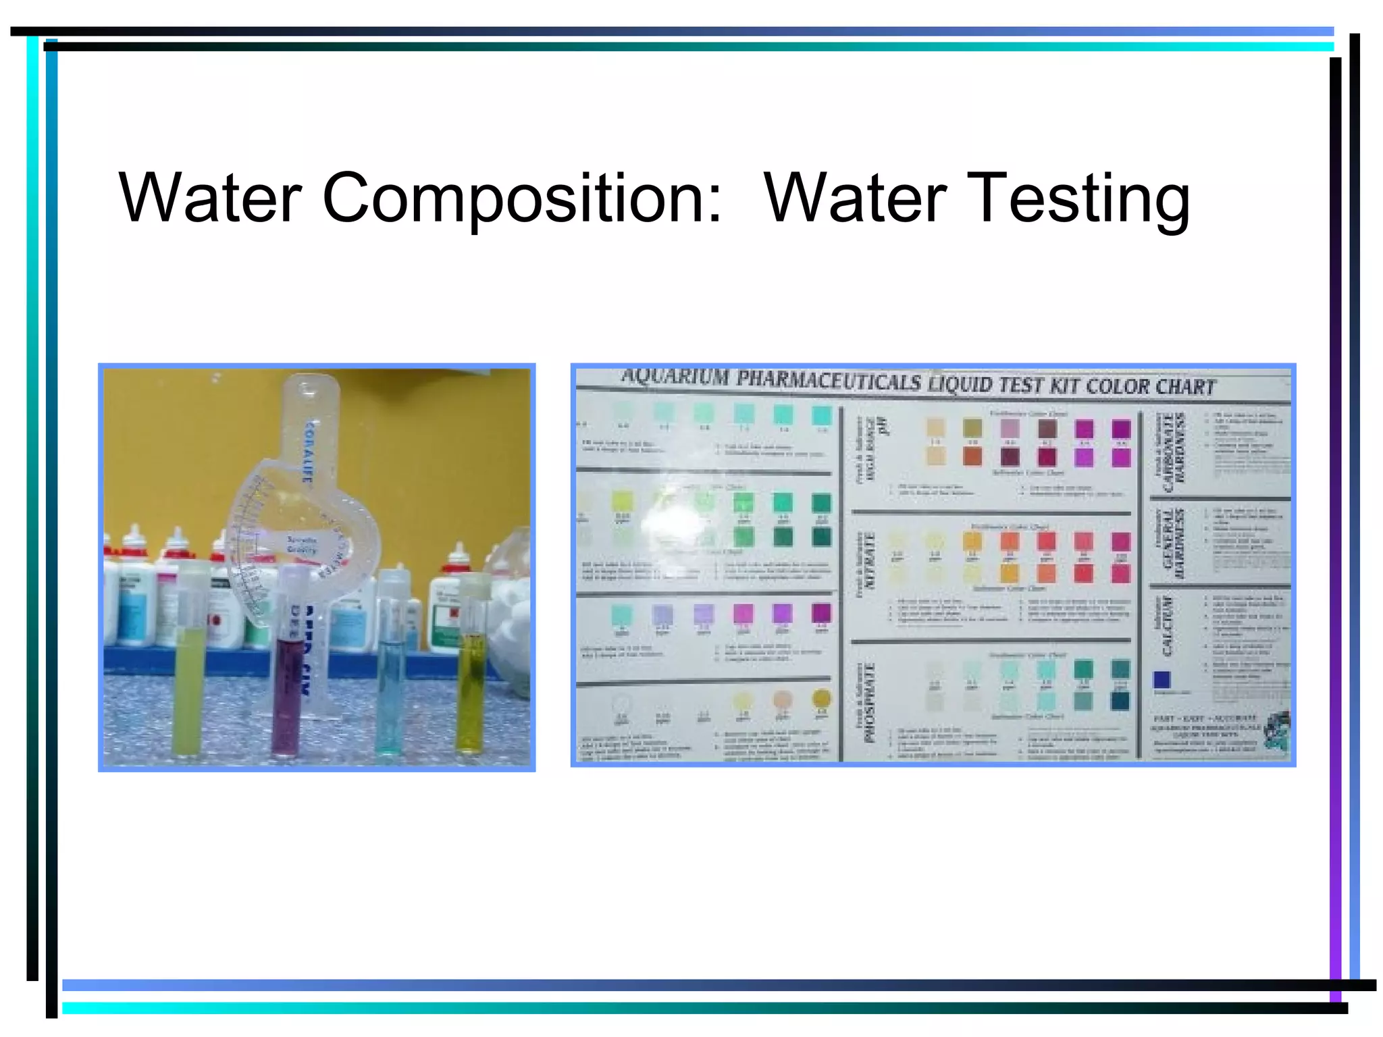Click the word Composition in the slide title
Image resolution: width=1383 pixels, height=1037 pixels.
click(x=521, y=198)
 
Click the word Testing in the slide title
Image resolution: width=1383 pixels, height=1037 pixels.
click(x=1078, y=198)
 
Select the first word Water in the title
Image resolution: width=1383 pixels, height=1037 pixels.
click(x=209, y=198)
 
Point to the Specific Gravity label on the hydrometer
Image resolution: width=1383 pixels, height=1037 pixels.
click(x=301, y=545)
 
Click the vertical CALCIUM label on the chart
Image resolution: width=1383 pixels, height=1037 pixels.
click(x=1167, y=625)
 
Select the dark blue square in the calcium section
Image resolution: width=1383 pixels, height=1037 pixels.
click(x=1162, y=679)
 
